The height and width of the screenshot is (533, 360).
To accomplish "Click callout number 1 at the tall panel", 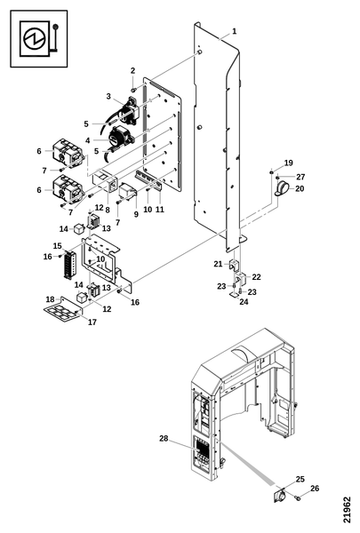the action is (x=234, y=31).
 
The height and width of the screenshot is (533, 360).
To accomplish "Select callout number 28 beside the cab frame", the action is (x=164, y=439).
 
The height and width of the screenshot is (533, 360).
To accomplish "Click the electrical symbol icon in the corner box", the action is (x=38, y=38).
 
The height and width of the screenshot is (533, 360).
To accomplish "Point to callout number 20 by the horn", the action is (x=300, y=188).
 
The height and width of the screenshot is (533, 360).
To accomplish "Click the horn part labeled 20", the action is (x=282, y=188).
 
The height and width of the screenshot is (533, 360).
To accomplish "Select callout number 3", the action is (x=108, y=97).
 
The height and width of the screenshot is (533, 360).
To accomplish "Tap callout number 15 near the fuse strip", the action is (x=57, y=246).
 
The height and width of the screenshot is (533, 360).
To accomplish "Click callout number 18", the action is (x=50, y=299).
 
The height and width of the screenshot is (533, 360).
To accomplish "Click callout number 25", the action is (x=300, y=480).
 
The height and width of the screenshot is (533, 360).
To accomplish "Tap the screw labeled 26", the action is (x=299, y=498).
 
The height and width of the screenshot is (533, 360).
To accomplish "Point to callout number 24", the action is (x=244, y=301).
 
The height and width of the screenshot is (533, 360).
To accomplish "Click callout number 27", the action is (x=300, y=177).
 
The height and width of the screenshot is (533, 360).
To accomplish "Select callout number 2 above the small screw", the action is (x=132, y=71).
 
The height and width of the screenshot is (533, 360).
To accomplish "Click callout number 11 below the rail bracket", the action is (x=160, y=210).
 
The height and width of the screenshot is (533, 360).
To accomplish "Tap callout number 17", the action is (x=92, y=322).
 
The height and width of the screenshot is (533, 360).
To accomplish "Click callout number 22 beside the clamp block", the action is (x=256, y=277).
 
